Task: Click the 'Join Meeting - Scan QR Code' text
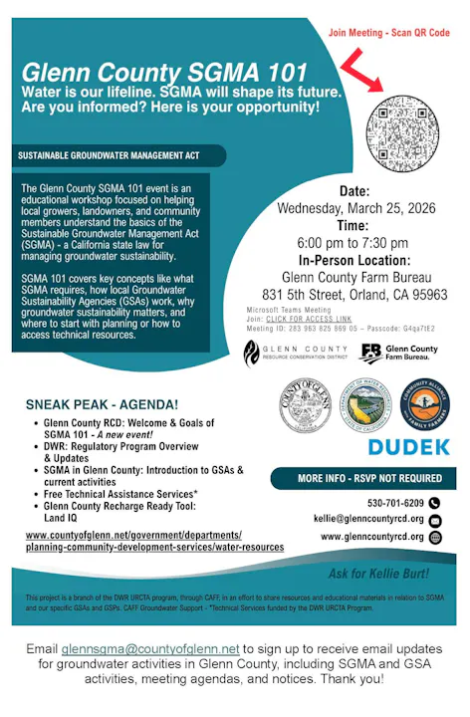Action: coord(389,33)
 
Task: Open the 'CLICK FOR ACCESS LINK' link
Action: coord(307,319)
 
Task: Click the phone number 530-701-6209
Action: coord(395,503)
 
